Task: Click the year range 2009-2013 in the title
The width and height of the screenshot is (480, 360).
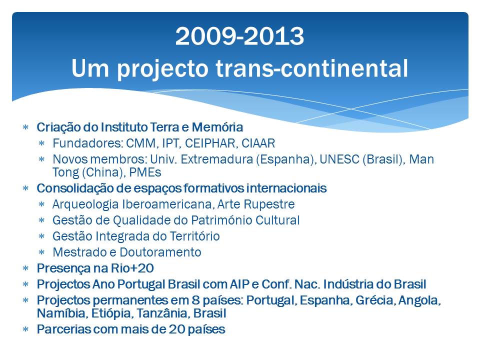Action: coord(239,36)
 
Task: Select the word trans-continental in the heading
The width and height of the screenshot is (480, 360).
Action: coord(312,68)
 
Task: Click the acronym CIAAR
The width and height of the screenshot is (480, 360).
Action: coord(258,143)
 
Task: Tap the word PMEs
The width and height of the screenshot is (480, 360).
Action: coord(145,172)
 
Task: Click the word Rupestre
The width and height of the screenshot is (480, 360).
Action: coord(272,204)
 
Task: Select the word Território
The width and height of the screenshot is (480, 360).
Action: coord(194,236)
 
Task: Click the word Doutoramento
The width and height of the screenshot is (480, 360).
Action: coord(160,252)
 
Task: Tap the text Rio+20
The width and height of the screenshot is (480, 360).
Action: coord(132,268)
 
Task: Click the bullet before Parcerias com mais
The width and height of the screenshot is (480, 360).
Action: coord(25,329)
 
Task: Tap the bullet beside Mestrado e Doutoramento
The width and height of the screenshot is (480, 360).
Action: coord(42,252)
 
